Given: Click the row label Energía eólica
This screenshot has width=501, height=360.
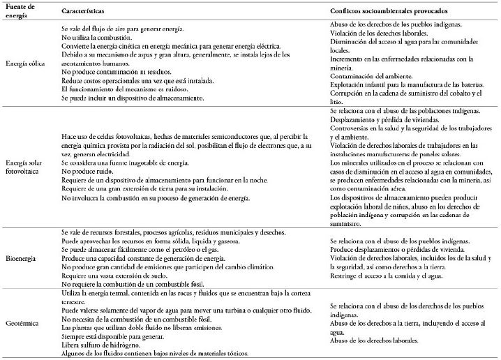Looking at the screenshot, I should pyautogui.click(x=25, y=63).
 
